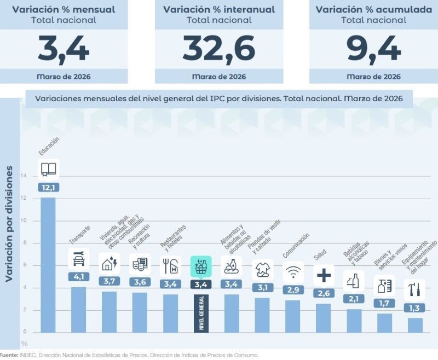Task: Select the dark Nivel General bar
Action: tap(201, 313)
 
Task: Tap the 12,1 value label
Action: tap(48, 187)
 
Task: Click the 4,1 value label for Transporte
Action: tap(78, 277)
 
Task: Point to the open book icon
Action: tap(48, 169)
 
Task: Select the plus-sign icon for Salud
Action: tap(324, 275)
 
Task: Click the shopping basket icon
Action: tap(201, 266)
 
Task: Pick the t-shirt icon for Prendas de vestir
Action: tap(263, 269)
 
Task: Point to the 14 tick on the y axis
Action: tap(24, 176)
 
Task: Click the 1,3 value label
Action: tap(415, 308)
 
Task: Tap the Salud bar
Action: tap(324, 318)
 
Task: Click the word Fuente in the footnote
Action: tap(9, 355)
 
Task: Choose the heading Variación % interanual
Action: tap(218, 9)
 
